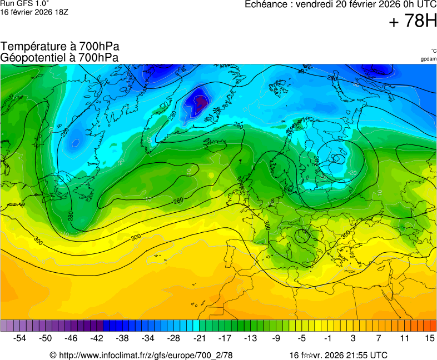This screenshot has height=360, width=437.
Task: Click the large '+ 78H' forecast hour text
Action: pyautogui.click(x=413, y=21)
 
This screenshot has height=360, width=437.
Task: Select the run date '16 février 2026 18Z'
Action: pyautogui.click(x=34, y=12)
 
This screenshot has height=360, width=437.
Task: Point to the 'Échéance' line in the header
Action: pyautogui.click(x=340, y=4)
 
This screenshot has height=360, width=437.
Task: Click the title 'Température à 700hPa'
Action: pyautogui.click(x=60, y=47)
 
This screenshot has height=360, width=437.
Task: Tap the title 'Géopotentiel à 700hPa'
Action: pyautogui.click(x=60, y=57)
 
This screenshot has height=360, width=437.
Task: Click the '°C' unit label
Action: pyautogui.click(x=433, y=51)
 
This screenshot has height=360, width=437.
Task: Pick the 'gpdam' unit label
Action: pyautogui.click(x=428, y=59)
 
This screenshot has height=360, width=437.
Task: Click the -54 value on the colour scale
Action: pyautogui.click(x=20, y=338)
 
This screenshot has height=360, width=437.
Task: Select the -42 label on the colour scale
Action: pyautogui.click(x=97, y=338)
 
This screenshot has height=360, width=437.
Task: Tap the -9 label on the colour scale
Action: pyautogui.click(x=276, y=338)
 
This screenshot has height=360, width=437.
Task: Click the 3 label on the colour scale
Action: pyautogui.click(x=353, y=338)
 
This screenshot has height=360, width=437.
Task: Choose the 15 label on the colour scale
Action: pyautogui.click(x=429, y=338)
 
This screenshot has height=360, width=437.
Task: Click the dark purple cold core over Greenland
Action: pyautogui.click(x=200, y=101)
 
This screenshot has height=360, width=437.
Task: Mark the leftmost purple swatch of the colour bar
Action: pyautogui.click(x=4, y=326)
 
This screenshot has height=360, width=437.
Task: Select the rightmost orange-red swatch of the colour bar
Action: pyautogui.click(x=433, y=326)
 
